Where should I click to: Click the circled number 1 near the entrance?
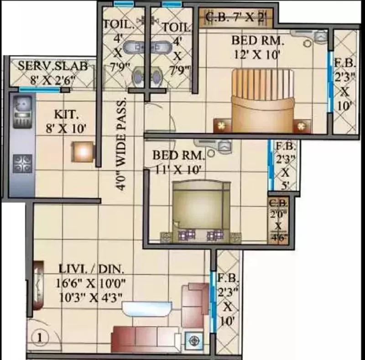[40, 337]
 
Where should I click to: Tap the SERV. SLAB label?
[52, 66]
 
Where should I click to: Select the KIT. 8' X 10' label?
[66, 121]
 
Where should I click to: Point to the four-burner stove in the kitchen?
[22, 164]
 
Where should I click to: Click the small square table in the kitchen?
[83, 152]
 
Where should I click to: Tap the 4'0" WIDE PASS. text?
[121, 144]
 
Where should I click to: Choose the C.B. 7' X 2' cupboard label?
[236, 17]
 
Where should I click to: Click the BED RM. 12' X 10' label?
[257, 48]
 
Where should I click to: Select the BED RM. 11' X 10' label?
[178, 162]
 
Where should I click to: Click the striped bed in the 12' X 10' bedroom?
[263, 100]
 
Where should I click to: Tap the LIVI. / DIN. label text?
[91, 269]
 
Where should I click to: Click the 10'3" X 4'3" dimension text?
[90, 297]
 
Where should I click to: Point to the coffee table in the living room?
[147, 309]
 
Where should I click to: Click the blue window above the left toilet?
[124, 4]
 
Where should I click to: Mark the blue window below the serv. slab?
[40, 89]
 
